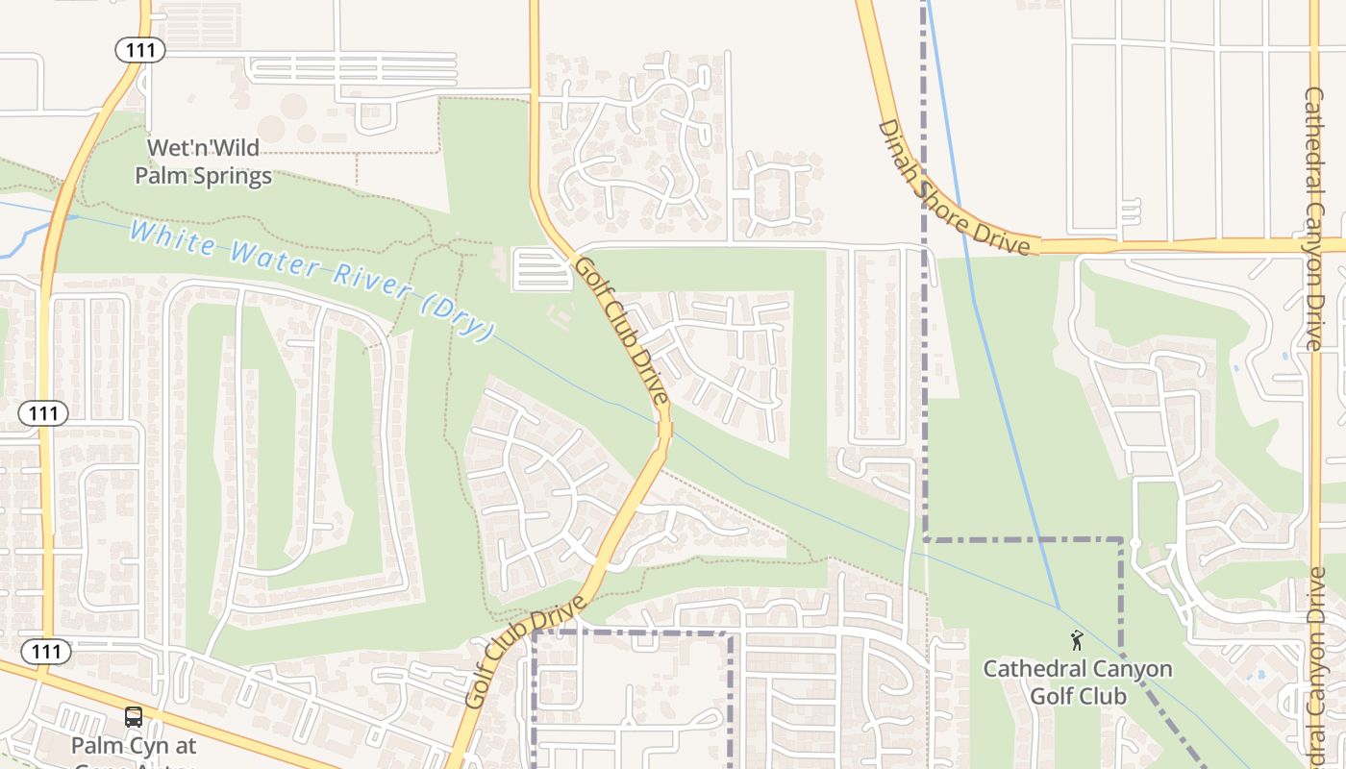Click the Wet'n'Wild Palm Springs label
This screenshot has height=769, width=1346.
pos(203,162)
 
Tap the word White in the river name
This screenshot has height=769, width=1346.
pos(172,238)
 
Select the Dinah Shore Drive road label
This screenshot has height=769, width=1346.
pos(954,190)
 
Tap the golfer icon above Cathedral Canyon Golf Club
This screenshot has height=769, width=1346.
pos(1077,640)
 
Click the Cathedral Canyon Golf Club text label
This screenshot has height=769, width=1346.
pos(1077,682)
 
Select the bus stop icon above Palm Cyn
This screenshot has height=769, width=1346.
pos(134,717)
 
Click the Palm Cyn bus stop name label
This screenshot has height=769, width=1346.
pos(134,746)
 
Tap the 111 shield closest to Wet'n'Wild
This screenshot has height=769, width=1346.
pos(139,50)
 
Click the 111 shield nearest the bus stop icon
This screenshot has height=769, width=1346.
pos(45,652)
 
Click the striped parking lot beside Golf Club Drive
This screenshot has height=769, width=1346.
pos(543,269)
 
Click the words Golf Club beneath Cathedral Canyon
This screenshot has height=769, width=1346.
pos(1077,695)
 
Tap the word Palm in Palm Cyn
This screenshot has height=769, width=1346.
pos(93,746)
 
